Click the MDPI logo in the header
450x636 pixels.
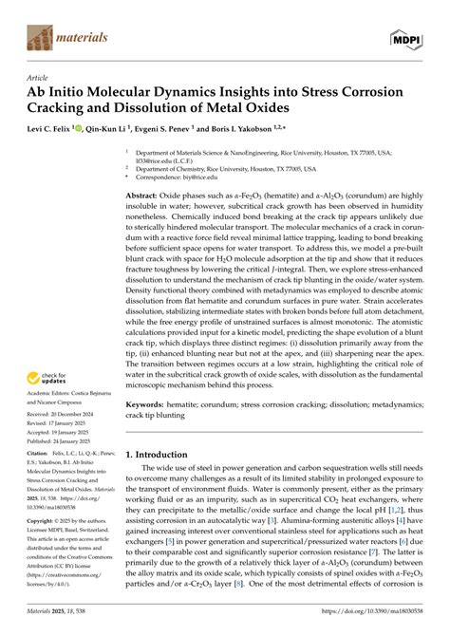[x=409, y=38]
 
